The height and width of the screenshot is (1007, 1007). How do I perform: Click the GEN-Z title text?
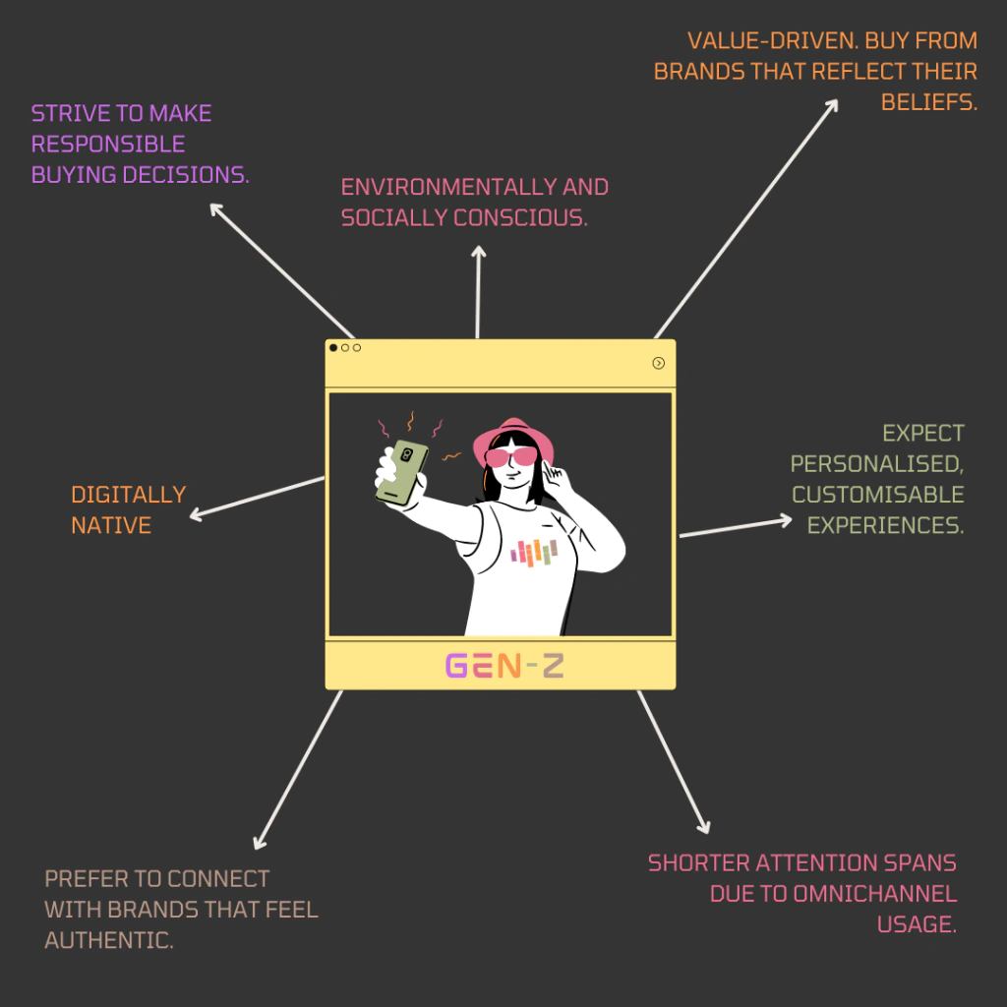click(x=504, y=667)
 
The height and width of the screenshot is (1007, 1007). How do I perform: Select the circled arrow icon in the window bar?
click(x=659, y=363)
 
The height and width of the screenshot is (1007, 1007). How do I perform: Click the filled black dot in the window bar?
click(x=333, y=348)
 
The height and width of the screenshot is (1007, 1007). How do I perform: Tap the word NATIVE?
click(x=111, y=525)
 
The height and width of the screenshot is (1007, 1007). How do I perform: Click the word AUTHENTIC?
click(x=109, y=940)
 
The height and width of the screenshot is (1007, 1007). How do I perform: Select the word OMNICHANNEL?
click(x=834, y=894)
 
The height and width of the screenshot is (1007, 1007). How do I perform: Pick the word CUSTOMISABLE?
click(x=878, y=494)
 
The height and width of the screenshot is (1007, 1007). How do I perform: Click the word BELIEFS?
click(x=929, y=102)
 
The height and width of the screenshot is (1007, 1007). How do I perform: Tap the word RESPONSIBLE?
click(x=108, y=145)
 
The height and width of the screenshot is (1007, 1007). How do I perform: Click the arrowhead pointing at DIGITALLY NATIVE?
click(x=195, y=514)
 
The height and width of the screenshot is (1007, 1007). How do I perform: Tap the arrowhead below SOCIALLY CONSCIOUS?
click(x=479, y=253)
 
